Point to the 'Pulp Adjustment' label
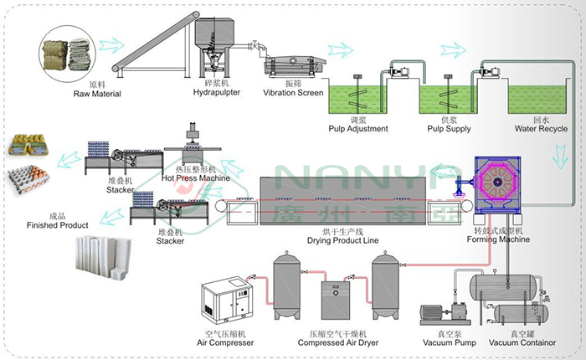coord(358,129)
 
